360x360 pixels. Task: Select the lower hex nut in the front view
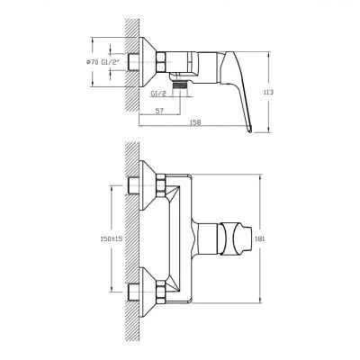tap(163, 291)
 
